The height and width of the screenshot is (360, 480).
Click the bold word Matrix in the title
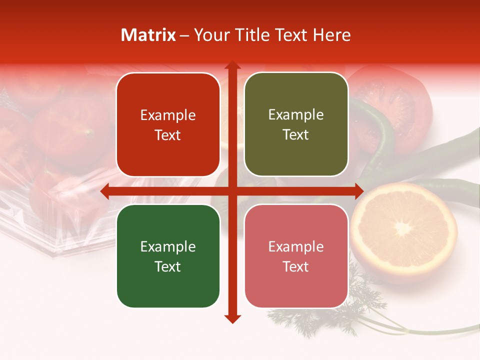[148, 35]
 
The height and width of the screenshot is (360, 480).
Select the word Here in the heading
[331, 35]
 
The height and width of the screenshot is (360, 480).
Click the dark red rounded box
[168, 125]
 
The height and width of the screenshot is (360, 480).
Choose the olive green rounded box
[296, 124]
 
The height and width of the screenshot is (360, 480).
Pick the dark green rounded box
[168, 256]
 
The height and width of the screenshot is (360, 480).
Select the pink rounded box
[296, 256]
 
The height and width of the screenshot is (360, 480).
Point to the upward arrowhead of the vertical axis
[232, 65]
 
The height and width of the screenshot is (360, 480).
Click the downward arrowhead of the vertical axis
[232, 318]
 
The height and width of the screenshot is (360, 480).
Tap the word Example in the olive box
[296, 115]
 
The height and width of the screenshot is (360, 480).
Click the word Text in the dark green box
[167, 266]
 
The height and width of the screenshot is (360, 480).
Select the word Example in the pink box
[296, 246]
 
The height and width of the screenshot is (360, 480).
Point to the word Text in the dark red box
[167, 135]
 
